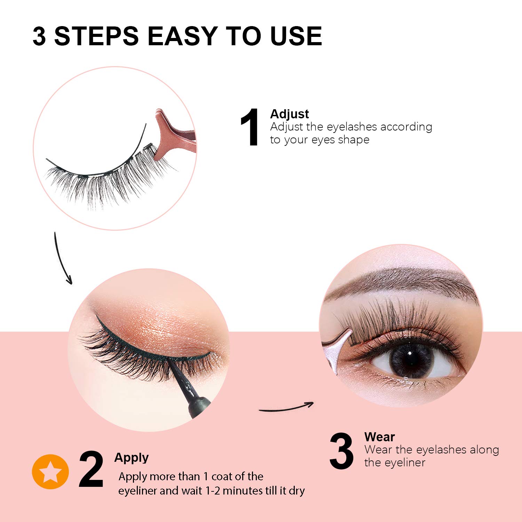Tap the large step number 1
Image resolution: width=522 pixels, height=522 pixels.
point(250,127)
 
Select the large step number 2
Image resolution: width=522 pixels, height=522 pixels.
point(91,470)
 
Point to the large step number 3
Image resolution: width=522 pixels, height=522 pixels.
point(341,451)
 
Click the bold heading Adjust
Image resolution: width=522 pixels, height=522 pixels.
point(289,114)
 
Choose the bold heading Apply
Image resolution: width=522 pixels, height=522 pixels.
point(131,458)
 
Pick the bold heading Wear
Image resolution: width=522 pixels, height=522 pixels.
point(379,437)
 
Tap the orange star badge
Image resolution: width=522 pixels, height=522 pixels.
point(50,472)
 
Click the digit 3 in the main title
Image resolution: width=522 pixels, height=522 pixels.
point(39,36)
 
